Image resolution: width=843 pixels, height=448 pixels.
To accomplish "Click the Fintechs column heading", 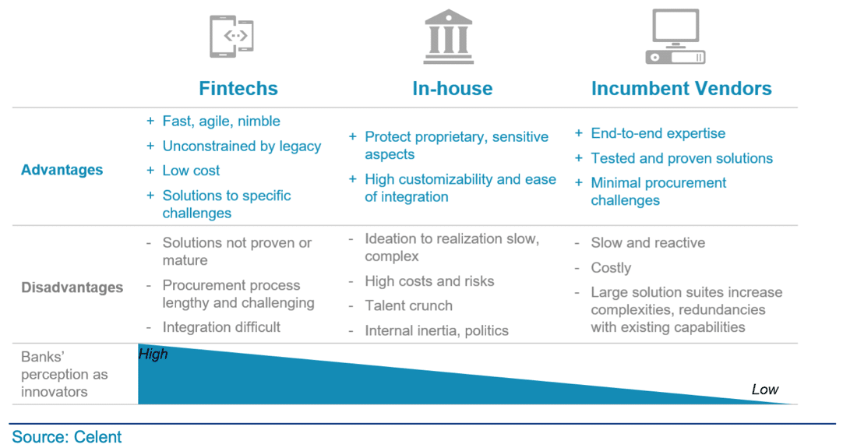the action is (238, 88).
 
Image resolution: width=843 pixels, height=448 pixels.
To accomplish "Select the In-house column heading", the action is (452, 88).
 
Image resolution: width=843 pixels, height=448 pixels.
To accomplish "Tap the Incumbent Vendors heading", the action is (681, 88).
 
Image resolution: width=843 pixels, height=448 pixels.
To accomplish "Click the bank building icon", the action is (449, 37).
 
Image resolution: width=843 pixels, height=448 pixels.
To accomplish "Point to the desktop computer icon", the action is (675, 37).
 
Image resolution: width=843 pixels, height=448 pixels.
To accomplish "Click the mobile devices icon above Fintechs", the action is (231, 36).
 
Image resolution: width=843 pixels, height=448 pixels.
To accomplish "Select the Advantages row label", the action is (62, 170).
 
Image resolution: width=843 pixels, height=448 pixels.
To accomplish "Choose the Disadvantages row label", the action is (72, 287).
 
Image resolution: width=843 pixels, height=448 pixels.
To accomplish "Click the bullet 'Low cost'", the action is (191, 171).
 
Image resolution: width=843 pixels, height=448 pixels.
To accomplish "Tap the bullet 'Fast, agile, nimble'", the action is (221, 121).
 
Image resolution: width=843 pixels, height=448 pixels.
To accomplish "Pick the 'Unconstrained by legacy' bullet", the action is (242, 146).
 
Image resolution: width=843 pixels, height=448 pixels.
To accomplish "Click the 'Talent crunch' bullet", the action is (408, 305).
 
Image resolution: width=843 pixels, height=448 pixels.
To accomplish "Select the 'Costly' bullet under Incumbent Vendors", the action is (611, 268).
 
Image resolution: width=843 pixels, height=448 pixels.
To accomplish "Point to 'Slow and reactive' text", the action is (648, 242).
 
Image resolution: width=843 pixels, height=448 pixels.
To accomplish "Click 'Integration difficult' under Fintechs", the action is (221, 327).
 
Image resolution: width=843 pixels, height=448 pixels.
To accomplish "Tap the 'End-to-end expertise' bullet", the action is (658, 133).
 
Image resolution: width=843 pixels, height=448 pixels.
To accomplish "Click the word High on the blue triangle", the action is (153, 354).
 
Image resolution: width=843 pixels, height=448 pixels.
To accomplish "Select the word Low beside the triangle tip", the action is (765, 390).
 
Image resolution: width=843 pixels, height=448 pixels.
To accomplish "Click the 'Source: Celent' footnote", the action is (67, 437).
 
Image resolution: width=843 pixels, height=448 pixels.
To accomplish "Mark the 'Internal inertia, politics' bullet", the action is (436, 330).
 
